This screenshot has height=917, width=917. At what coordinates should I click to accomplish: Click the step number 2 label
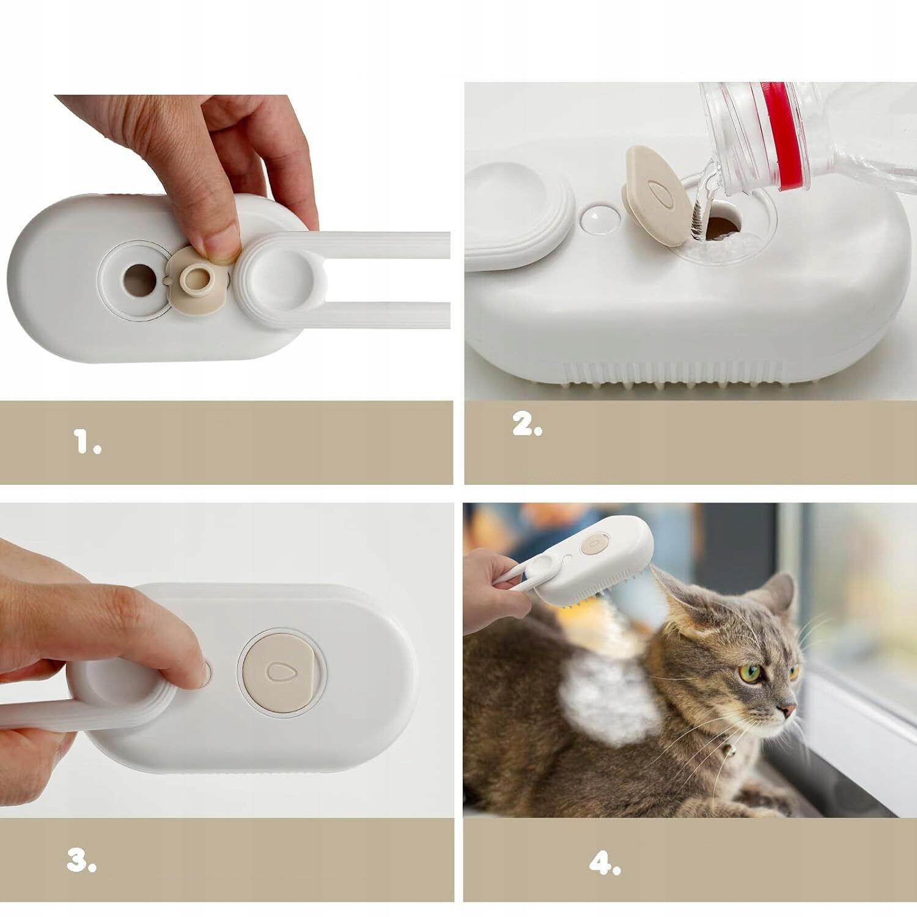click(x=528, y=425)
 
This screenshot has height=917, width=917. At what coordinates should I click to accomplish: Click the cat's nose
click(x=789, y=710)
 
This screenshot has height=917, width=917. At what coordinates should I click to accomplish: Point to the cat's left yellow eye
click(x=754, y=672)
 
